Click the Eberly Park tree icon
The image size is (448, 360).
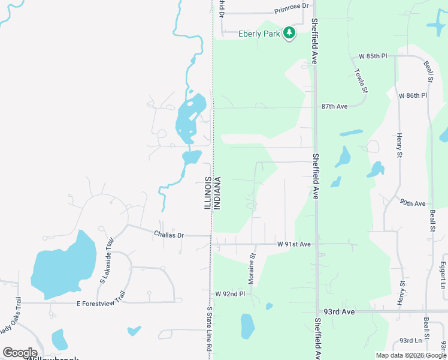(290, 33)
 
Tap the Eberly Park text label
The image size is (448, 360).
(259, 34)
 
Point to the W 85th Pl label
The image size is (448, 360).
(373, 56)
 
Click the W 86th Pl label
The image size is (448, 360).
(413, 95)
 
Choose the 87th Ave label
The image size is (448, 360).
(334, 106)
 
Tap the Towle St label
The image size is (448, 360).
(360, 80)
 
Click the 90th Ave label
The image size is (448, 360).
(413, 203)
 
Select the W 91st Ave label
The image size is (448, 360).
(294, 244)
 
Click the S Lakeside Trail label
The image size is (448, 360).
(106, 259)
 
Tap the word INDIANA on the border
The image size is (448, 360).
(217, 193)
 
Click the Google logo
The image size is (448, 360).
(20, 353)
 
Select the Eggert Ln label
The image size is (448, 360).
(443, 271)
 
